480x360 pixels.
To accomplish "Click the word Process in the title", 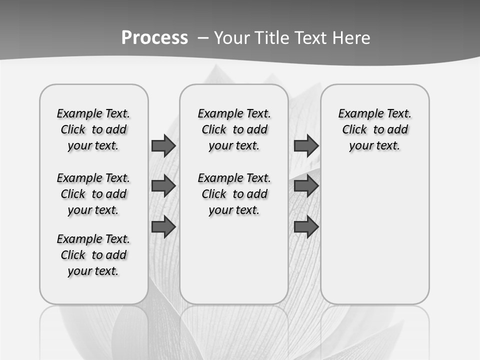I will coord(154,38).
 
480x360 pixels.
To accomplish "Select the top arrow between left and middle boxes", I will coord(163,146).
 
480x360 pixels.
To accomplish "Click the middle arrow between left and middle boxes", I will coord(163,186).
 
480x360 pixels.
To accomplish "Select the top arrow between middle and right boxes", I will coord(306,146).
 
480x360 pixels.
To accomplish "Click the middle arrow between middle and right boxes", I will coord(306,186).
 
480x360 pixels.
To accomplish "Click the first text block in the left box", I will coord(93,129).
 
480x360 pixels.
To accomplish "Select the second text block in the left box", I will coord(93,194).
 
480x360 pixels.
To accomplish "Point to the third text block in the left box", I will coord(93,255).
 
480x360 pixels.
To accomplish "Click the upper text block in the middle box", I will coord(234,129).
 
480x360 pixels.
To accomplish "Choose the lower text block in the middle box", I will coord(234,194).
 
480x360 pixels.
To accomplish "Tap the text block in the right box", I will coord(374,129).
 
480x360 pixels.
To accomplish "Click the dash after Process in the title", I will coord(203,38).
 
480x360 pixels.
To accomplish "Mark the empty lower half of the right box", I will coord(374,240).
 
